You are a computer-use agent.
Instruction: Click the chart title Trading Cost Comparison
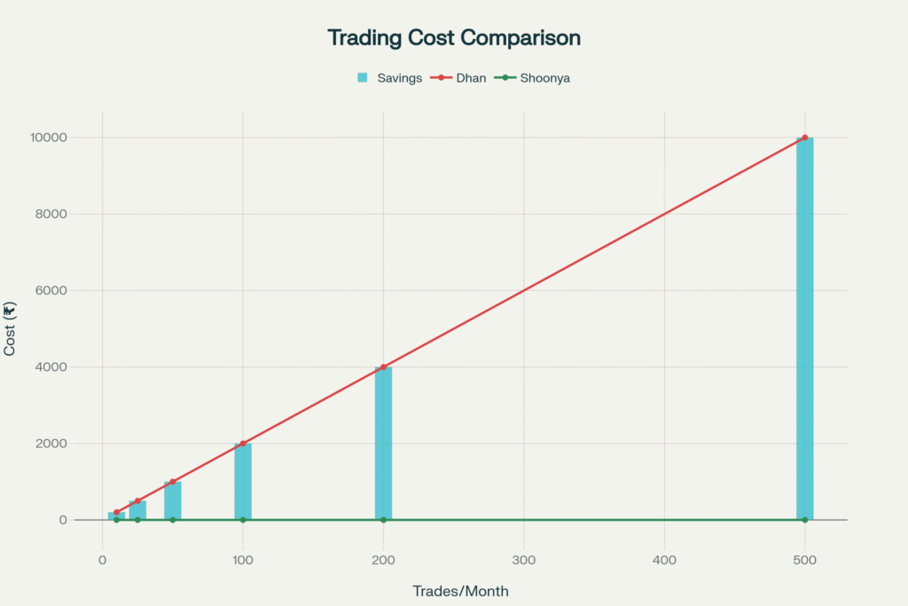454,38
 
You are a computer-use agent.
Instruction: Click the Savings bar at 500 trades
804,328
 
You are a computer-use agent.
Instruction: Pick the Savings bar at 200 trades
383,444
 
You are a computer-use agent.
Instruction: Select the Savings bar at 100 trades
243,482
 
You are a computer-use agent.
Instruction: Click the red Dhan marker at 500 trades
804,138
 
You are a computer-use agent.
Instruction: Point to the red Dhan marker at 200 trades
383,367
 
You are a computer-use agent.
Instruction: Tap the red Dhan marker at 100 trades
243,444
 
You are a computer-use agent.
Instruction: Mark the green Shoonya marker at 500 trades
804,520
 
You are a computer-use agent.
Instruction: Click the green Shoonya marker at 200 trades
383,520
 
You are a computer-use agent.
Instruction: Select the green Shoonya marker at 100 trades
243,520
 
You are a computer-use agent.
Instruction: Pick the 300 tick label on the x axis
523,560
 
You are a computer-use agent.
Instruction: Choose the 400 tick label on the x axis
664,560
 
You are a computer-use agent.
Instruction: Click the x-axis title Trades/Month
461,591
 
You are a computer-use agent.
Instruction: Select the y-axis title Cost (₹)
10,329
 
